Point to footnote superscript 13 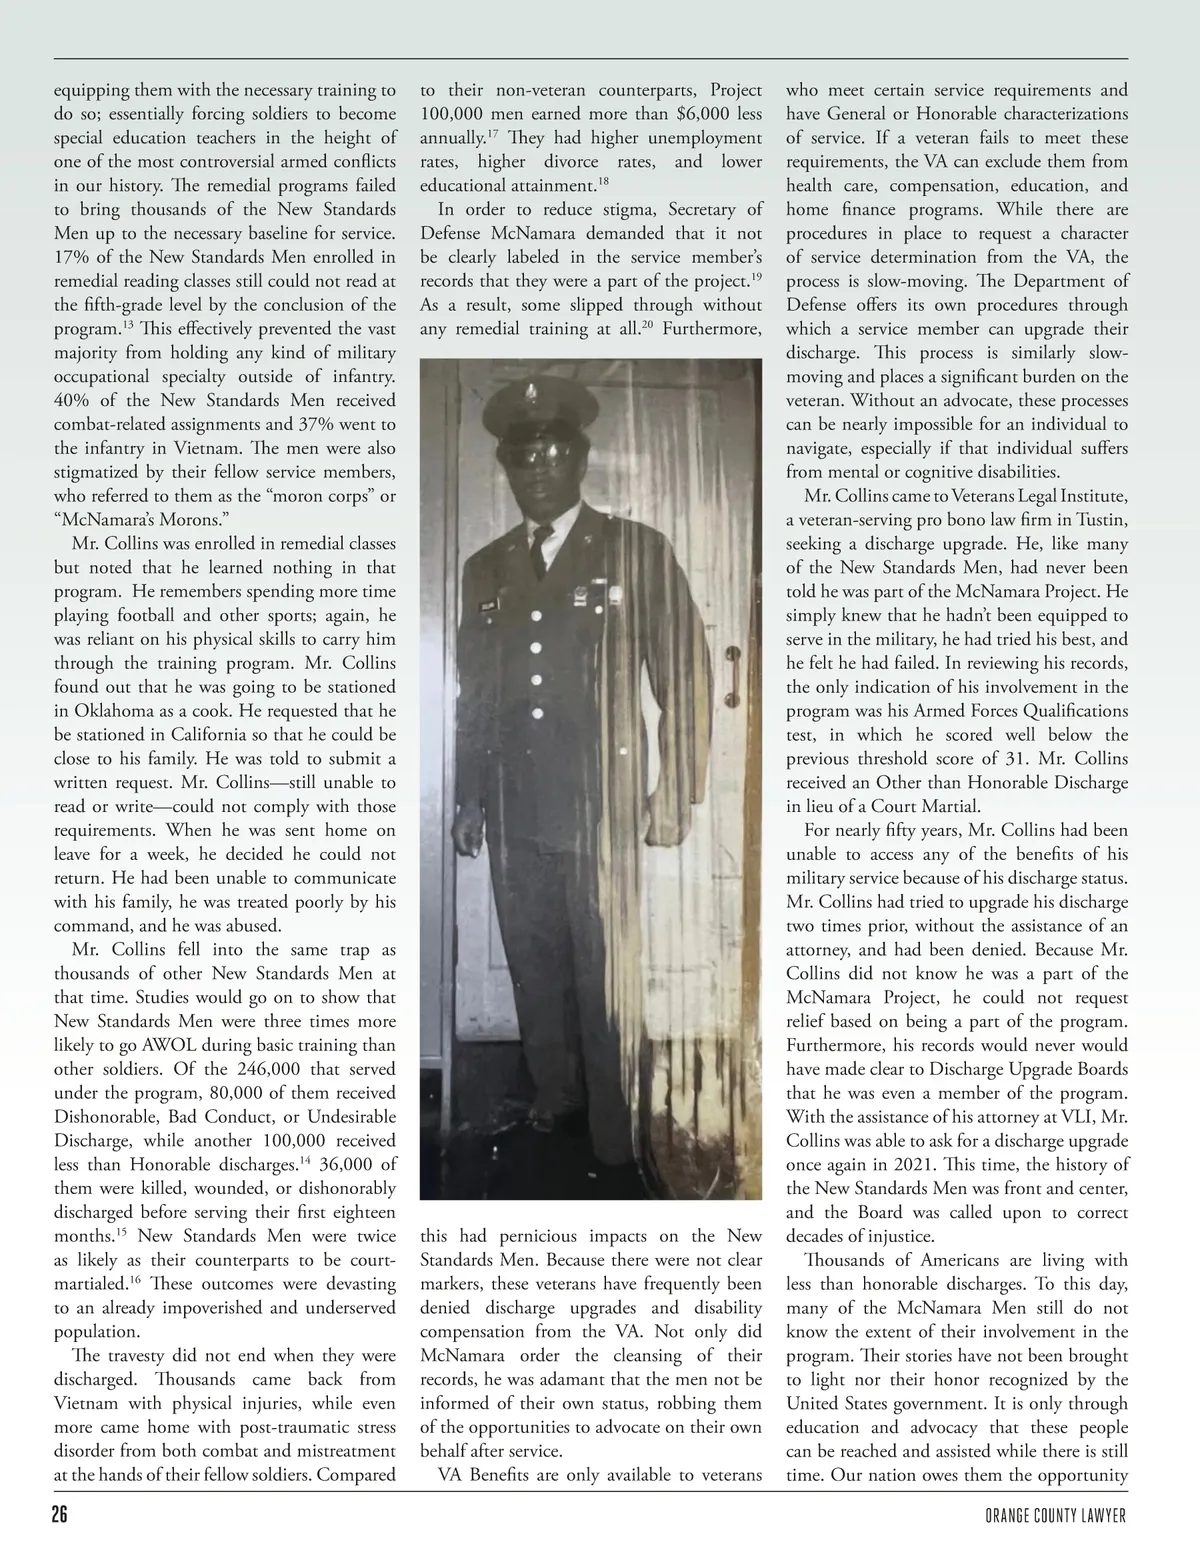click(x=128, y=323)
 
